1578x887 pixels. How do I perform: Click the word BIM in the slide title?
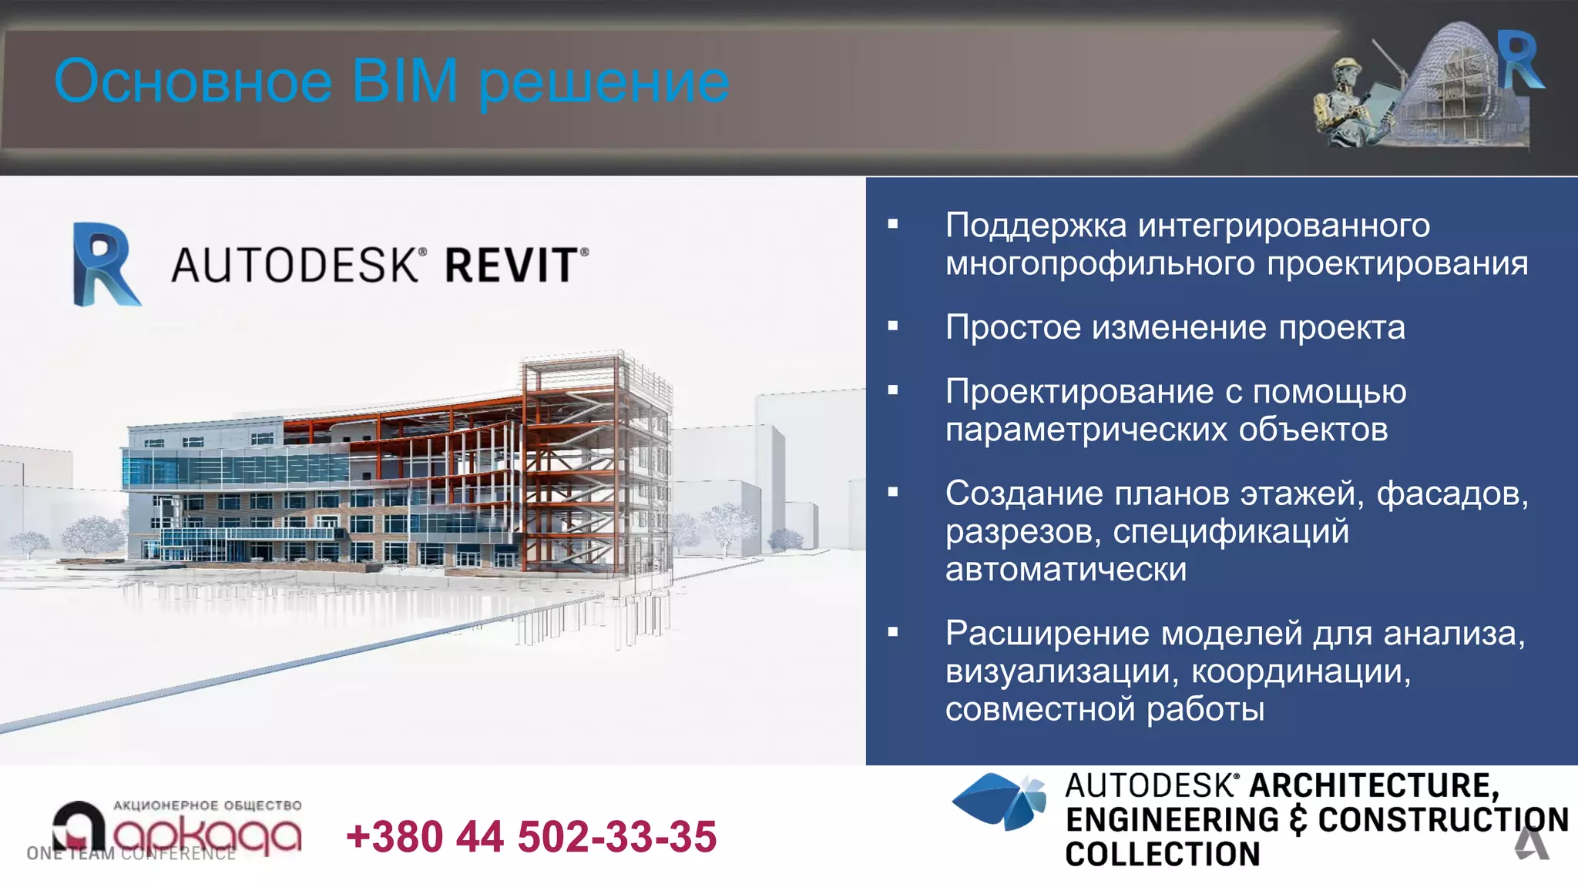coord(405,81)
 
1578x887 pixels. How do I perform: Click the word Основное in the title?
coord(193,81)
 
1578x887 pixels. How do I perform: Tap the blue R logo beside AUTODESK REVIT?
coord(106,264)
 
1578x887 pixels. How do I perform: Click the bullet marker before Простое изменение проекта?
coord(893,326)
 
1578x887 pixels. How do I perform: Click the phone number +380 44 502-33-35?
coord(532,836)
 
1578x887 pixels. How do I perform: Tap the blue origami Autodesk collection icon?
coord(1000,802)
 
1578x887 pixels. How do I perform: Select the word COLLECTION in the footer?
coord(1162,854)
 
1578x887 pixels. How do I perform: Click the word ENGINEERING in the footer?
coord(1172,820)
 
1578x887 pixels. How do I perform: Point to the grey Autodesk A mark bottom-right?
coord(1532,843)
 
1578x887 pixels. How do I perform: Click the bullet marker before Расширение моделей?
coord(893,633)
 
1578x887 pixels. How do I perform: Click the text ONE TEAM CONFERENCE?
coord(131,853)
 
